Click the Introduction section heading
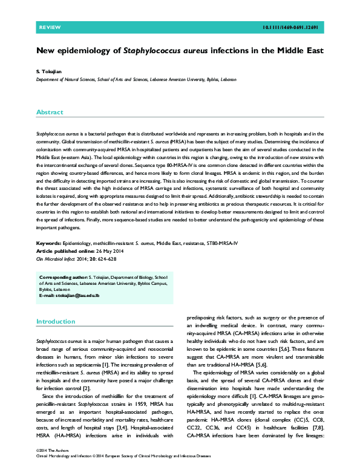point(56,322)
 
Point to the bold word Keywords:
point(49,242)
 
